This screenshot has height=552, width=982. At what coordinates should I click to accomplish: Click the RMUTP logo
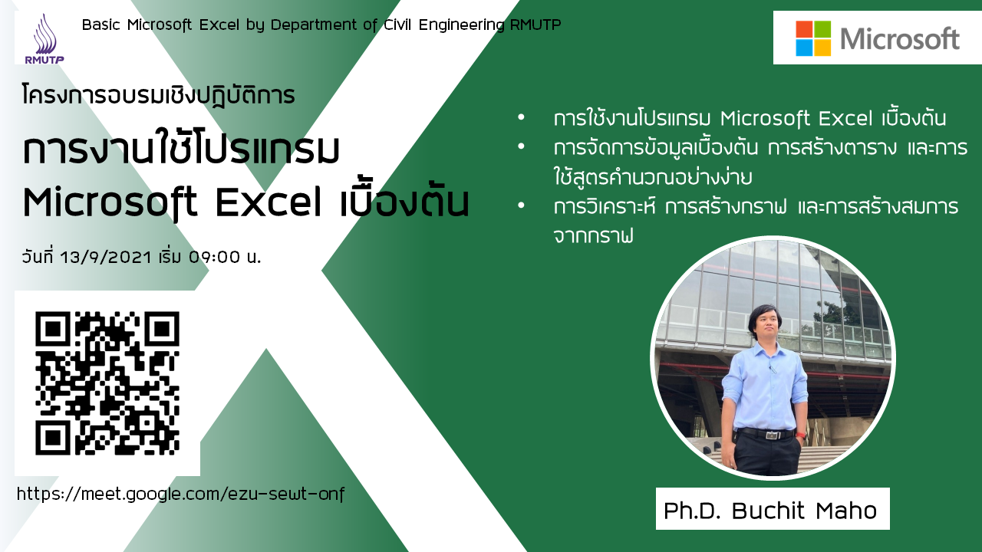(x=44, y=38)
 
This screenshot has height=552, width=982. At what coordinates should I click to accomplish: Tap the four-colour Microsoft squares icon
(x=813, y=38)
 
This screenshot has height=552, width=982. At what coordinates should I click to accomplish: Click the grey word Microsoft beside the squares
(x=900, y=38)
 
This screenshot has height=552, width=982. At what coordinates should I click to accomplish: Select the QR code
(x=107, y=383)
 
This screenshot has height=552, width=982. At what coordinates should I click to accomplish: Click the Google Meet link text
(x=180, y=495)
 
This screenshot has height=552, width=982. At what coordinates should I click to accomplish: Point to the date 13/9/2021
(x=106, y=257)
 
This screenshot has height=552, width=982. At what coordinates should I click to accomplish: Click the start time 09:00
(x=214, y=257)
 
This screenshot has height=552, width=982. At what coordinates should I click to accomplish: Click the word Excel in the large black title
(x=269, y=203)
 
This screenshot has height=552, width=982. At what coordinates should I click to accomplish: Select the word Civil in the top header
(x=397, y=25)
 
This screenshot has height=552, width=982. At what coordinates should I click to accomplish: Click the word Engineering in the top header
(x=462, y=25)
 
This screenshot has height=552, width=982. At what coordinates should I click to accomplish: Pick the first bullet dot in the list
(x=521, y=117)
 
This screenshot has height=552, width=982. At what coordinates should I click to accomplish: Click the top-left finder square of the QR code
(x=53, y=329)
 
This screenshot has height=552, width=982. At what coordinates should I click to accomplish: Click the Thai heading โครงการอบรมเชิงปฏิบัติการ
(x=158, y=96)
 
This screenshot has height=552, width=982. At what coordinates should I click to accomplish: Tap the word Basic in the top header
(x=101, y=25)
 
